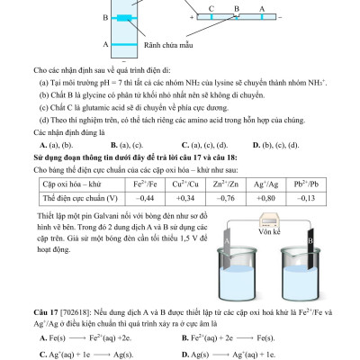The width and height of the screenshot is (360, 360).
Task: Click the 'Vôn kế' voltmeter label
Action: click(x=274, y=256)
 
